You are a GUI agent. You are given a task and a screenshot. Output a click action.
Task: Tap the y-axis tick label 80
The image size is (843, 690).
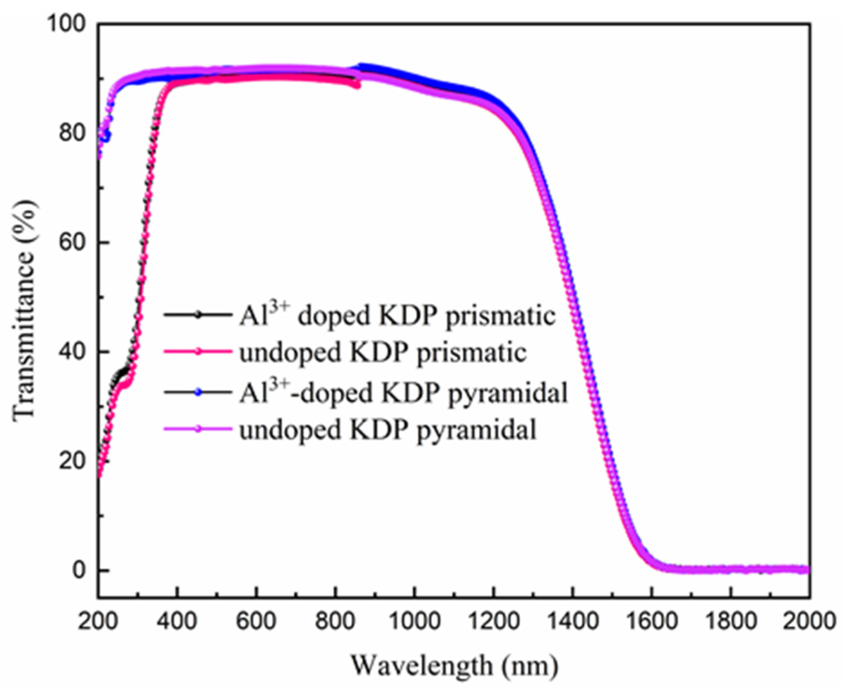click(72, 133)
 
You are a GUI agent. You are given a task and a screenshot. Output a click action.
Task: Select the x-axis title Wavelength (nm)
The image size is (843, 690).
click(454, 665)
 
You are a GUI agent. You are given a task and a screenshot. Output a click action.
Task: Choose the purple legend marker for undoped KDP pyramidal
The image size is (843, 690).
click(198, 429)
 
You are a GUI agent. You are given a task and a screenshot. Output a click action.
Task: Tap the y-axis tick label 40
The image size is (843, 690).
click(72, 352)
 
